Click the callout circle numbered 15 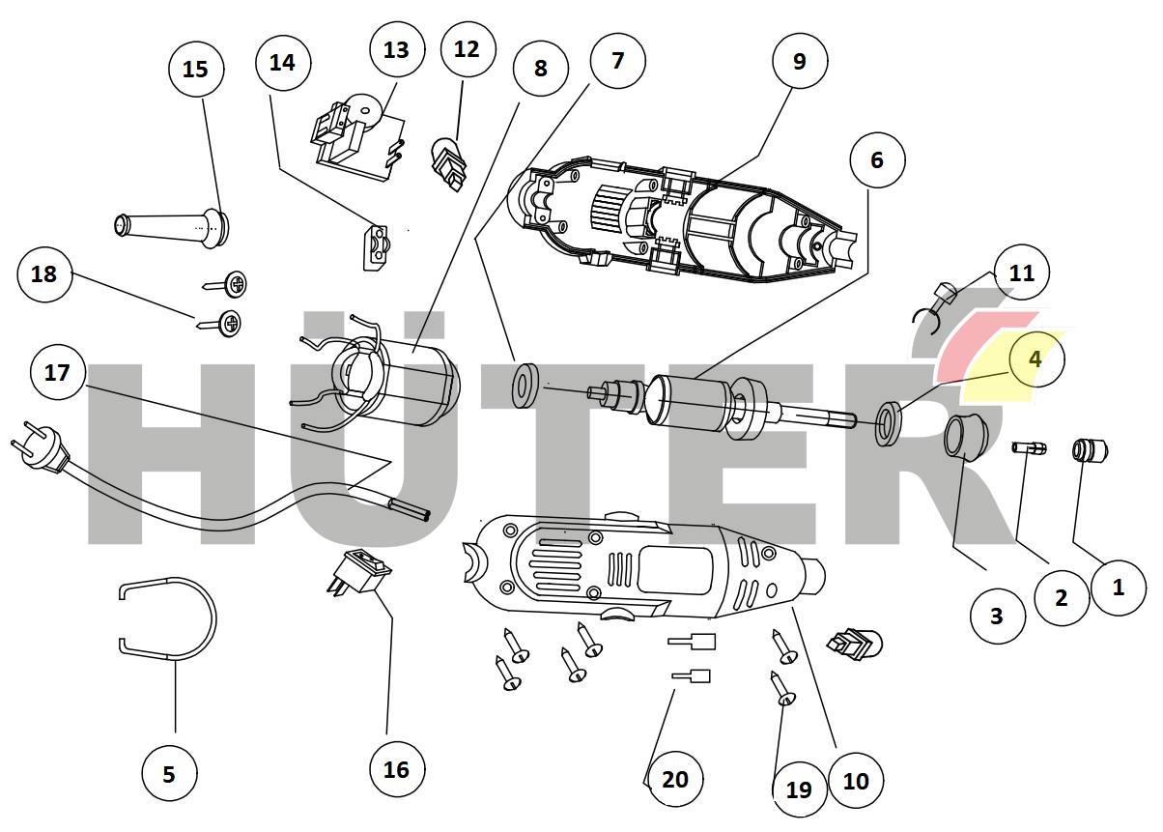tap(195, 69)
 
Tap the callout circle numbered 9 tap(799, 61)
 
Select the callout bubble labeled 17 tap(58, 372)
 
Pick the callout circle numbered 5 tap(169, 773)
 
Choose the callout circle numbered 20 tap(675, 778)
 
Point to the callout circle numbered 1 tap(1119, 586)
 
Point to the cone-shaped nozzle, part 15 tap(174, 226)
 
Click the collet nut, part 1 tap(1090, 450)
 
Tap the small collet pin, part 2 tap(1030, 447)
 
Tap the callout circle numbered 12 tap(467, 48)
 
